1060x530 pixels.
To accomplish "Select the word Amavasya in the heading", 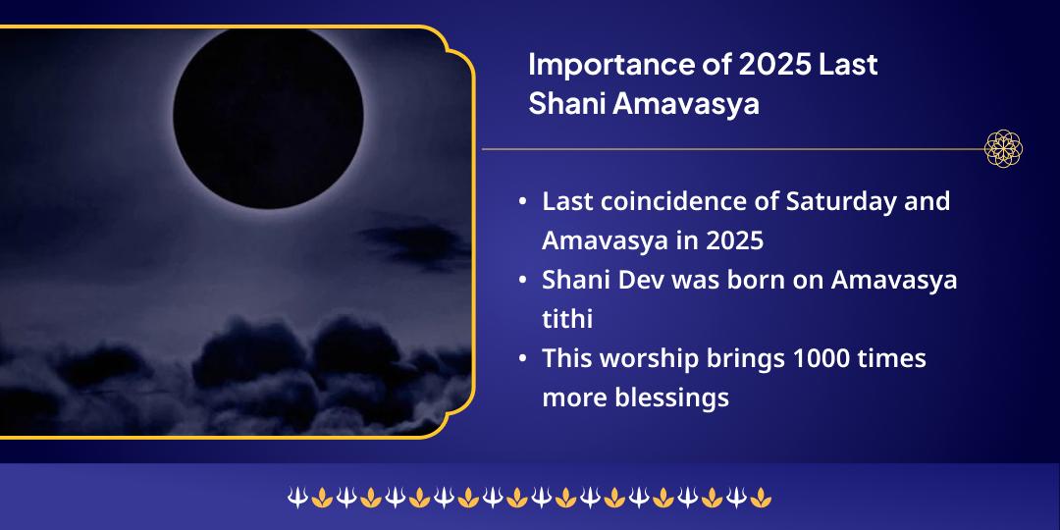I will (x=686, y=104).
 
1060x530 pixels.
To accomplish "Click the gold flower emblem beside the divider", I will (x=1004, y=149).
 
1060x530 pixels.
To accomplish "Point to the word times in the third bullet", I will (x=892, y=358).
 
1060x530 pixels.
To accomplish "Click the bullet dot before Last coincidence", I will (x=523, y=202).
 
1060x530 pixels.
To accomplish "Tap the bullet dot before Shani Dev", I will (x=523, y=281).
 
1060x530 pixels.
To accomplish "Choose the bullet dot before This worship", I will (x=523, y=359).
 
